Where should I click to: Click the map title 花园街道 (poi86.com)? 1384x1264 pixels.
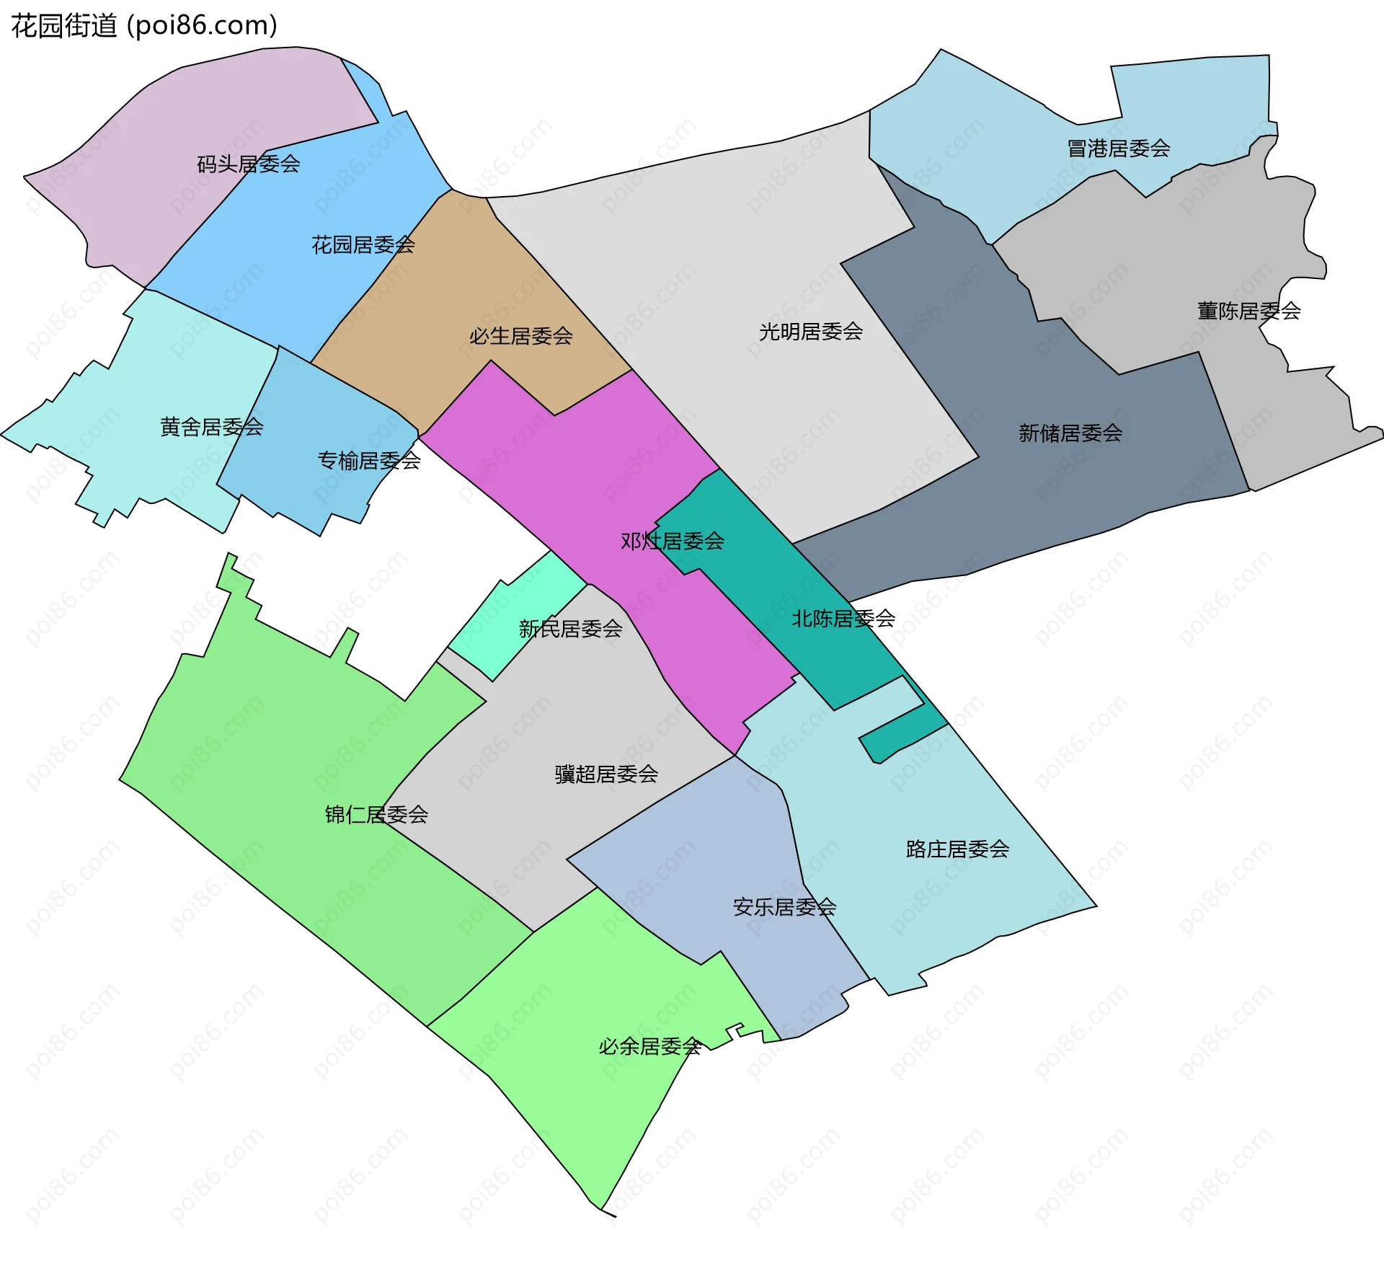pos(144,26)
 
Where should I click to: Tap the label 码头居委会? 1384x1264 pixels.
pos(249,164)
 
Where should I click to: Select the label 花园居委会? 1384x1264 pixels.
pos(363,245)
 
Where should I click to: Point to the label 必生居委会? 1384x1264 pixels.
pos(520,336)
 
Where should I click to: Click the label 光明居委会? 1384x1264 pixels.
pos(810,332)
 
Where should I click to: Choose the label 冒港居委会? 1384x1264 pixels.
pos(1118,149)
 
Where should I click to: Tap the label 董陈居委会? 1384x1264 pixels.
pos(1248,311)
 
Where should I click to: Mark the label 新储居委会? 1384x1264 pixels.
pos(1070,433)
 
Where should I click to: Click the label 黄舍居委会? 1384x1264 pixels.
pos(211,427)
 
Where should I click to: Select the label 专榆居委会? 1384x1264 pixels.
pos(369,460)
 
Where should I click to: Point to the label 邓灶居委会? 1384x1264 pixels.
pos(672,541)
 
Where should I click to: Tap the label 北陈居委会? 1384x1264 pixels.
pos(843,619)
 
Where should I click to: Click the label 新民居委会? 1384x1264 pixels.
pos(570,629)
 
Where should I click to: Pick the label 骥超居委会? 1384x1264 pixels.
pos(606,774)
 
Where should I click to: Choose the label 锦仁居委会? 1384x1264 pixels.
pos(376,815)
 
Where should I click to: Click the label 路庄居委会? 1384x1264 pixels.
pos(957,849)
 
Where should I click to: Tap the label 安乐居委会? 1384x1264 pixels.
pos(784,907)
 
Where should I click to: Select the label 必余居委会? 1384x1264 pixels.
pos(649,1046)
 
